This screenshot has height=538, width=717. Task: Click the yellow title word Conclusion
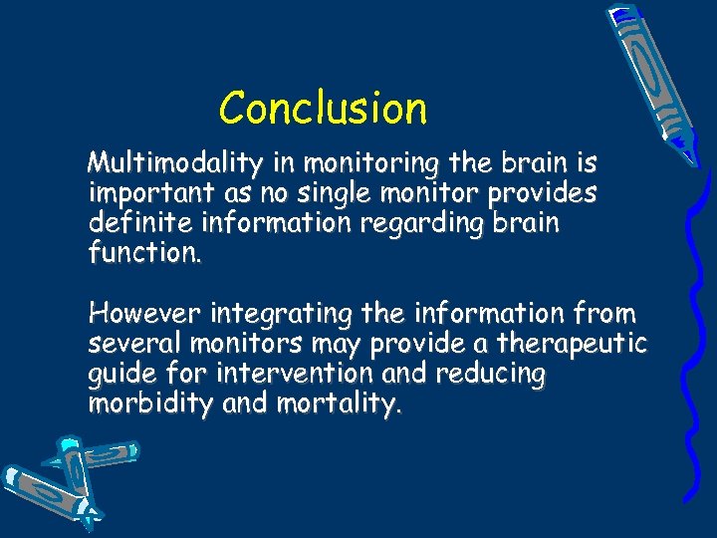[323, 108]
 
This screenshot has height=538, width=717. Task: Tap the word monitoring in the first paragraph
[367, 162]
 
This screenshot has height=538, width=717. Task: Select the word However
[145, 314]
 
